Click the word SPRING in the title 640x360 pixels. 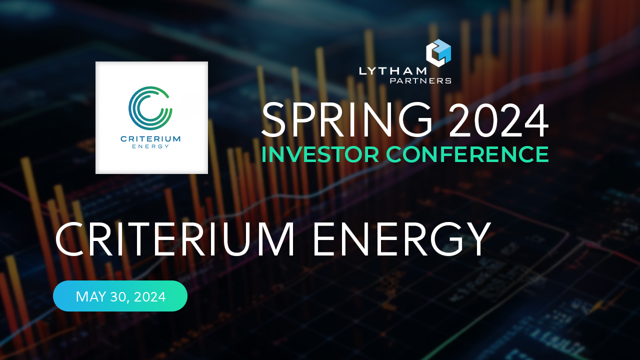[347, 120]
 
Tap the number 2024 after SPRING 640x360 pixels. [498, 120]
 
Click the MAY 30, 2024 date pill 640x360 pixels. [120, 296]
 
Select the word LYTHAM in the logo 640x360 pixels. [392, 71]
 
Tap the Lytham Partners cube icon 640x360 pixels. [438, 53]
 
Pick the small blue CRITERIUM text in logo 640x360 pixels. [150, 138]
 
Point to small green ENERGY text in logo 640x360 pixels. [150, 146]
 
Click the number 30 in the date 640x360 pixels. [119, 296]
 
